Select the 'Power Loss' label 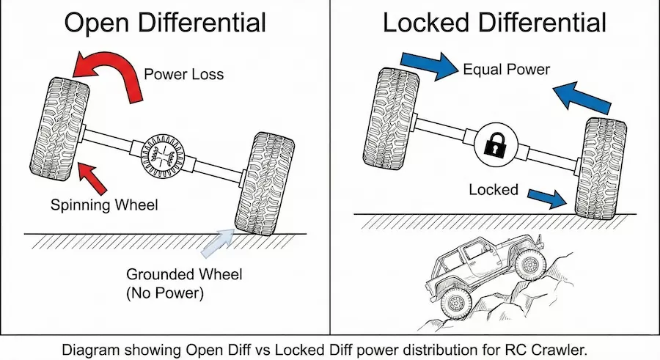[183, 74]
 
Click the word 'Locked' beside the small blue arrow [493, 190]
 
